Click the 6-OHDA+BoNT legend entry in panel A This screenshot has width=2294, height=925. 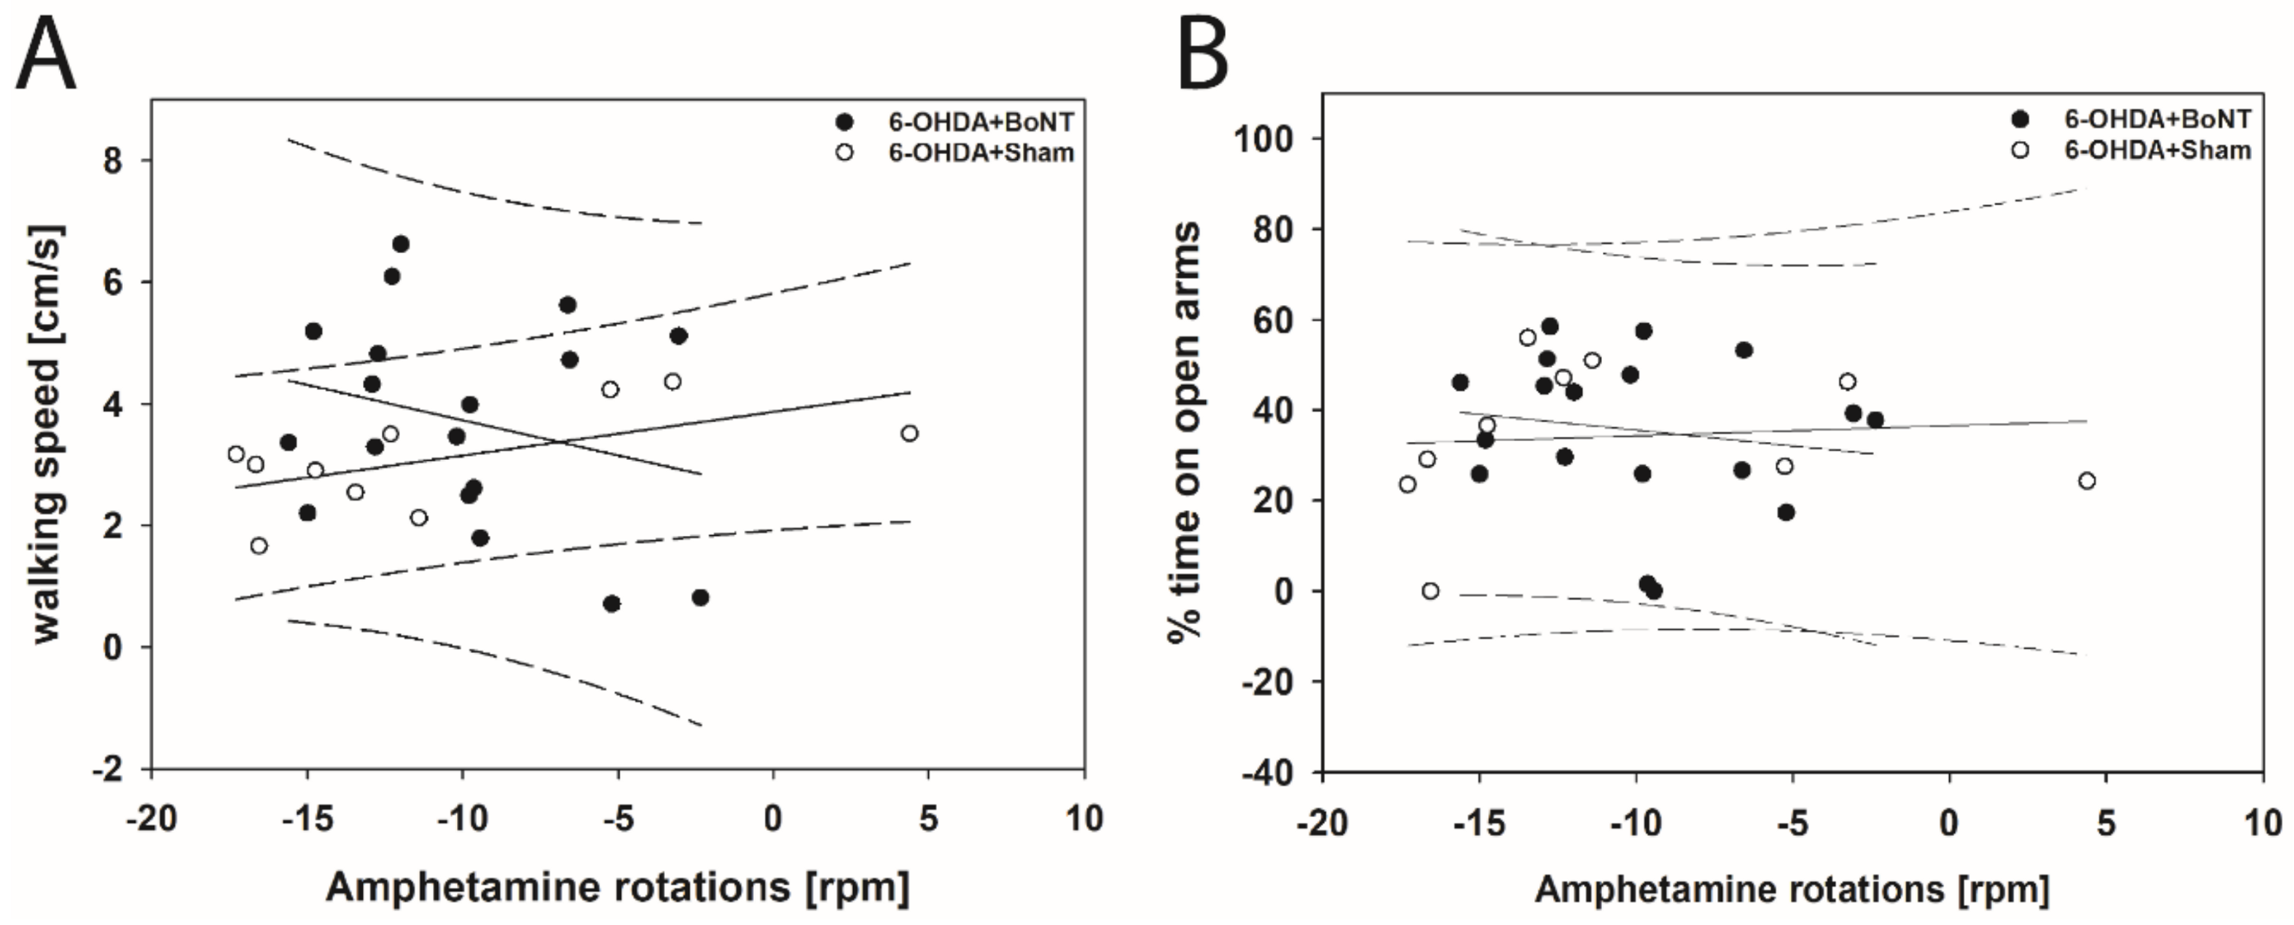click(x=981, y=122)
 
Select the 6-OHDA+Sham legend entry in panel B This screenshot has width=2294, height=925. click(x=2157, y=149)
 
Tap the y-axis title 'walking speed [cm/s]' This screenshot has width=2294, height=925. click(x=49, y=433)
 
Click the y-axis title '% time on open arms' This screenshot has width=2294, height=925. click(x=1185, y=431)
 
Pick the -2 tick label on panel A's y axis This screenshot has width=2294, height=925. click(x=110, y=769)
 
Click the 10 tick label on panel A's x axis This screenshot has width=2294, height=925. click(x=1083, y=818)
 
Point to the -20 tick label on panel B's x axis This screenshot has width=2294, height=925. click(x=1321, y=823)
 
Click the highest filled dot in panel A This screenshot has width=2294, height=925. click(x=401, y=244)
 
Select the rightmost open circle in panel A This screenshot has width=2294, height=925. click(x=909, y=434)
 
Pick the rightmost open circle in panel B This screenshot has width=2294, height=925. click(x=2086, y=481)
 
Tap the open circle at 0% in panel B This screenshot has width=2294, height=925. click(x=1430, y=591)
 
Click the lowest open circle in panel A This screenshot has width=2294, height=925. click(x=259, y=546)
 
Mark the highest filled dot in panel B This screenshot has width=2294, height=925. click(x=1549, y=326)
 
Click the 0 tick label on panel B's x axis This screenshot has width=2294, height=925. click(x=1949, y=823)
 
